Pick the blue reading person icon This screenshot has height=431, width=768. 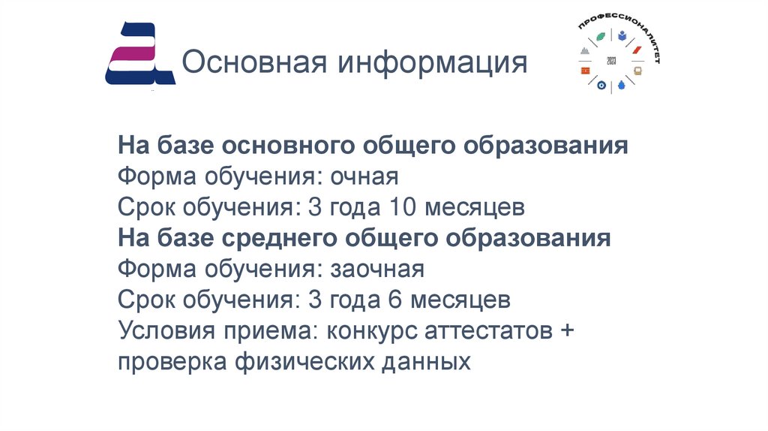(x=622, y=35)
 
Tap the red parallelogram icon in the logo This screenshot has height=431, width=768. (x=637, y=50)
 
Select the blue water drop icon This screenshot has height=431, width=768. (x=621, y=86)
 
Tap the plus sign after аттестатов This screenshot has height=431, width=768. (x=566, y=330)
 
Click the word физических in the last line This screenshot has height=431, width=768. (x=307, y=362)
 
